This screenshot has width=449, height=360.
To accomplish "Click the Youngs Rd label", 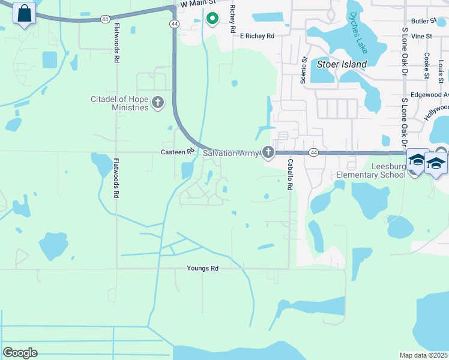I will tap(202, 268).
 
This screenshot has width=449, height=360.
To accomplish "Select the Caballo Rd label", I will tap(289, 175).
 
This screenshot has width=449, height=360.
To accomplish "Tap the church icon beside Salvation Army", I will tap(268, 154).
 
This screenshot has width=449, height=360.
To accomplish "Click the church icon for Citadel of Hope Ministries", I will tap(158, 103).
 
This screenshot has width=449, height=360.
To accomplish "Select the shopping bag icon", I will tap(24, 13).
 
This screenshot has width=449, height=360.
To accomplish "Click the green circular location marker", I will tap(212, 19).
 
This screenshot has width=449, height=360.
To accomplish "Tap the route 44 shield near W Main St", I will tap(174, 23).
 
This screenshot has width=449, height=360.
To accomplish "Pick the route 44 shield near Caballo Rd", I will tap(313, 153).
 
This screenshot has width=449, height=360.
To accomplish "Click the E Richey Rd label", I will tap(257, 36).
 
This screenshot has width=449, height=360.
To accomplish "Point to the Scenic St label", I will tap(304, 70).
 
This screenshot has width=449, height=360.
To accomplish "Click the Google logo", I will tap(20, 353).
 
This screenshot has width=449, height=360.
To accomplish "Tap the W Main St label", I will tap(197, 4).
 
